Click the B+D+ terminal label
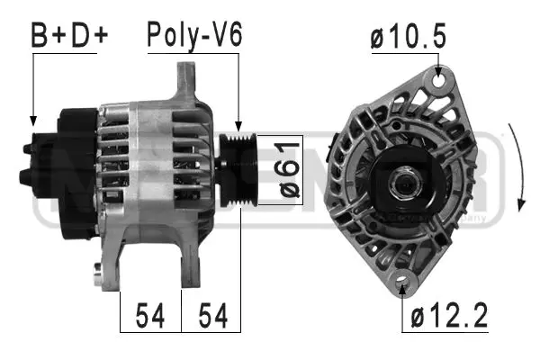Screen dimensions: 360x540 click(x=69, y=35)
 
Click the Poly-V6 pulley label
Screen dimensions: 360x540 click(x=194, y=35)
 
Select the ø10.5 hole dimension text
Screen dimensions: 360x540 click(x=406, y=40)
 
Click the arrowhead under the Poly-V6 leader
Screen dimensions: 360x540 click(x=238, y=129)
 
